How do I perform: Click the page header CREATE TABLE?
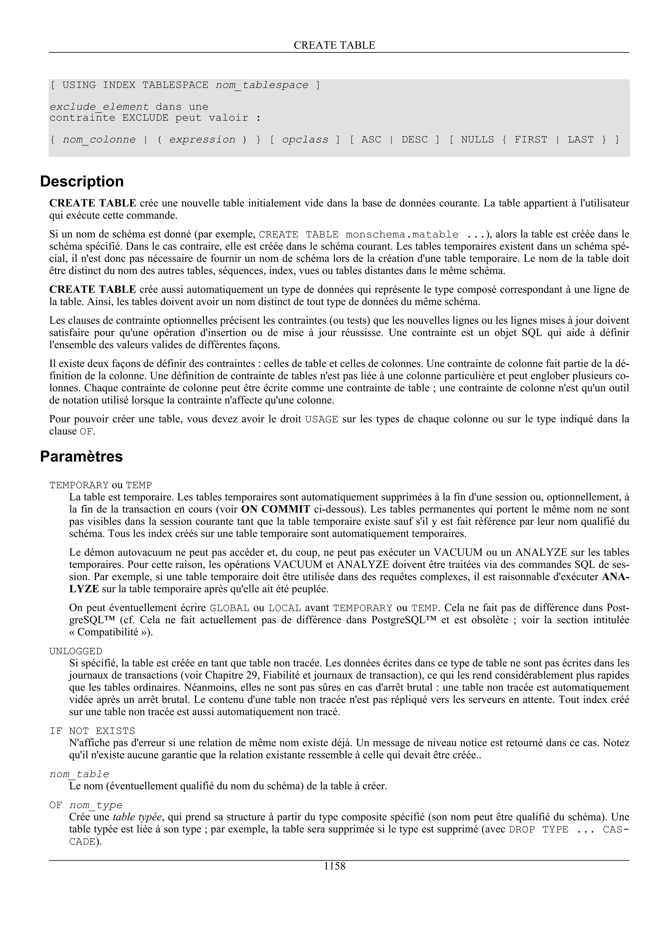tap(334, 45)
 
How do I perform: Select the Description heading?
tap(82, 181)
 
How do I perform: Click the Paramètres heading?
tap(81, 456)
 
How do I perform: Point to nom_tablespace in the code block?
tap(262, 85)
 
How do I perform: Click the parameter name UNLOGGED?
tap(76, 651)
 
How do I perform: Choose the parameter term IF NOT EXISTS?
tap(92, 731)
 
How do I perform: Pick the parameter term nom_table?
tap(79, 774)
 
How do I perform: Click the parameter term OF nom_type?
tap(86, 805)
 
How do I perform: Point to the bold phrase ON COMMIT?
tap(276, 509)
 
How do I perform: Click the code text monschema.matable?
tap(402, 235)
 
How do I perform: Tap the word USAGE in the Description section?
tap(321, 419)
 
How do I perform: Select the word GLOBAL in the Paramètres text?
tap(229, 608)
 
